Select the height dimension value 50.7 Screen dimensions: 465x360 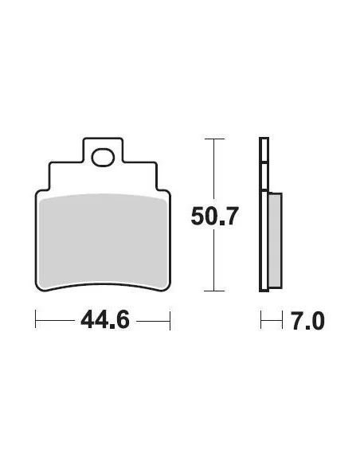(213, 216)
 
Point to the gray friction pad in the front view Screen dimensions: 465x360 (104, 239)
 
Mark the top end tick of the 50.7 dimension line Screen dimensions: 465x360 (212, 139)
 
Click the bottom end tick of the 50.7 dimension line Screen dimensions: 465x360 (212, 291)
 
